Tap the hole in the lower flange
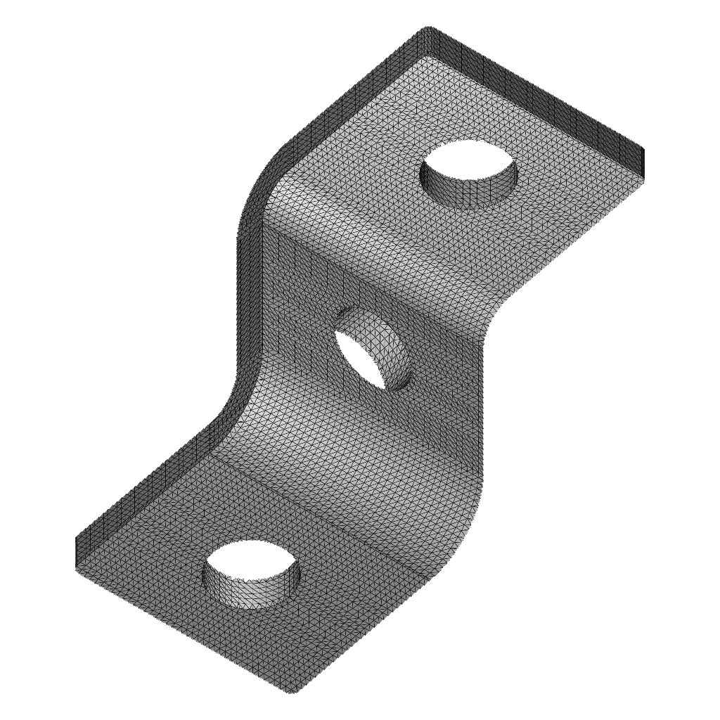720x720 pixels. [x=252, y=562]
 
